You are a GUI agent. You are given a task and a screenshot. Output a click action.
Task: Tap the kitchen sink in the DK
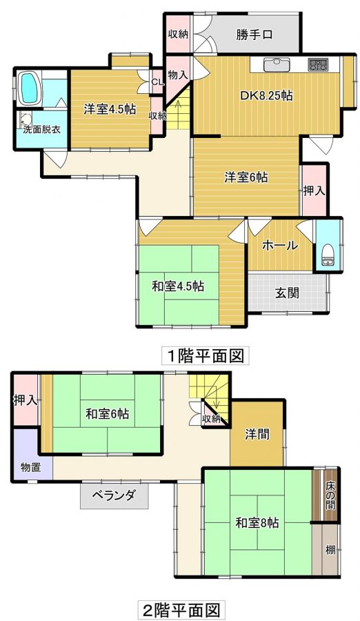[x=277, y=64]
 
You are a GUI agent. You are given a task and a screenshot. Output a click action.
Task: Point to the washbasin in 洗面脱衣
[x=26, y=119]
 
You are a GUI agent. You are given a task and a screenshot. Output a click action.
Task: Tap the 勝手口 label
[x=255, y=35]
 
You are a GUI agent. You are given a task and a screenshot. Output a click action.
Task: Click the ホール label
[x=279, y=246]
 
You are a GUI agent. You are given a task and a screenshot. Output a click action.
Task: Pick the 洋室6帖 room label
[x=246, y=177]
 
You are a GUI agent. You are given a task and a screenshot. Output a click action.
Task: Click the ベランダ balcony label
[x=114, y=495]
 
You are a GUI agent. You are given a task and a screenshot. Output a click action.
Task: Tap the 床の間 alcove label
[x=330, y=495]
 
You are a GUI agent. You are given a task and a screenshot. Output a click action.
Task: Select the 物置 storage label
[x=31, y=468]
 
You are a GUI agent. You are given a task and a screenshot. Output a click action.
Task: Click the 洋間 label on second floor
[x=257, y=435]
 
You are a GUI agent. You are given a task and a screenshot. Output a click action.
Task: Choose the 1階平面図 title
[x=206, y=355]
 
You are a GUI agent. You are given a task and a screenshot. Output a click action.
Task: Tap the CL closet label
[x=157, y=82]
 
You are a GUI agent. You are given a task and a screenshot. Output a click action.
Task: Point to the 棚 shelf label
[x=331, y=551]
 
